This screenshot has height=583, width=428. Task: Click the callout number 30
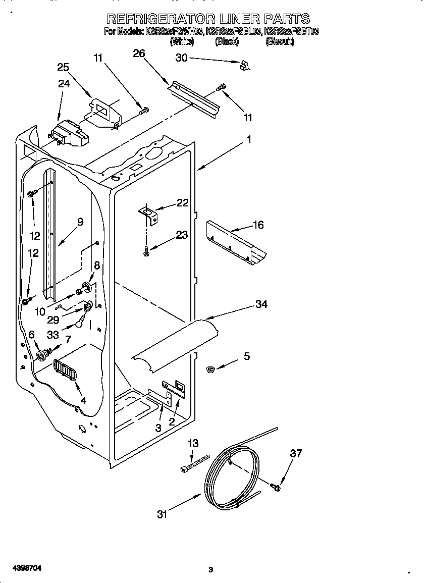coord(181,58)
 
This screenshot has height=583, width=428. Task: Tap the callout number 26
coord(139,54)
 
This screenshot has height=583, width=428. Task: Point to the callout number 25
coord(63,67)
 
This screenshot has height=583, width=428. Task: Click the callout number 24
coord(64,84)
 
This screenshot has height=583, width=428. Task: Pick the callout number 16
coord(257,225)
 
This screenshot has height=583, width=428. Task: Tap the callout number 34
coord(261,304)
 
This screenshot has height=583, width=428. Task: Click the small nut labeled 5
coord(211,370)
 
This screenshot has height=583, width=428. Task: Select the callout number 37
coord(296,453)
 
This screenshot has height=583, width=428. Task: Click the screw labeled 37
coord(276,487)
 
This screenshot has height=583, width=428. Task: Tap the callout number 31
coord(162,514)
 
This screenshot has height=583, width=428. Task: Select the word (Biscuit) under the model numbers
coord(280,42)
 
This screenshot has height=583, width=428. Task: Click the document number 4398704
coord(21,568)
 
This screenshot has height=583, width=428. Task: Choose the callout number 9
coord(80,221)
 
